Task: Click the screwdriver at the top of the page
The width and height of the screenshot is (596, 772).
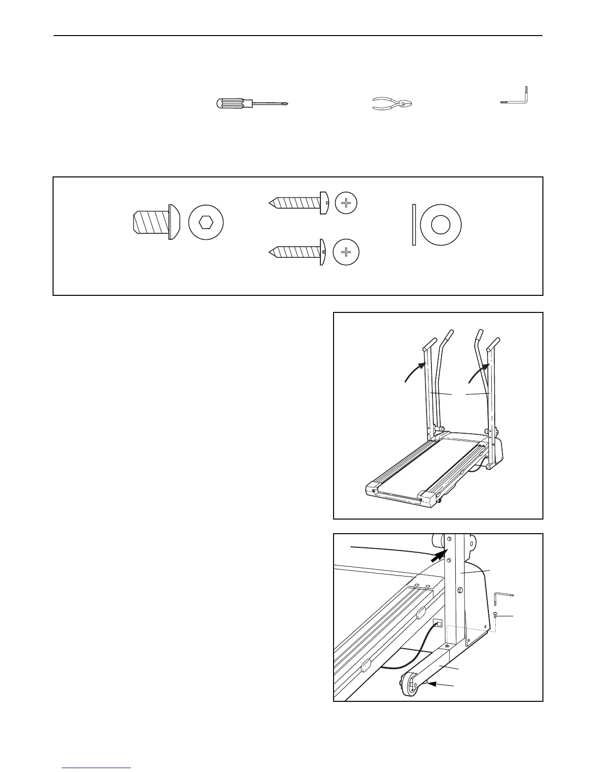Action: click(x=251, y=104)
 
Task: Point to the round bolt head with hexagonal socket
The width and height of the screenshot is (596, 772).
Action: click(x=206, y=223)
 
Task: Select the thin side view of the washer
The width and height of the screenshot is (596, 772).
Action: click(x=414, y=224)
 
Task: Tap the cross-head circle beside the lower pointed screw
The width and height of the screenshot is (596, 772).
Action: click(x=346, y=252)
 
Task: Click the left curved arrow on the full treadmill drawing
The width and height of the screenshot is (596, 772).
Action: click(x=416, y=371)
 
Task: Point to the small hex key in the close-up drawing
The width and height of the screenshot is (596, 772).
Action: click(x=502, y=597)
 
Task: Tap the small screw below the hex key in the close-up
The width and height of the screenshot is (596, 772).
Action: click(x=495, y=616)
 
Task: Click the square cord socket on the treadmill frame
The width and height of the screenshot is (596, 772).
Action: click(x=438, y=624)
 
